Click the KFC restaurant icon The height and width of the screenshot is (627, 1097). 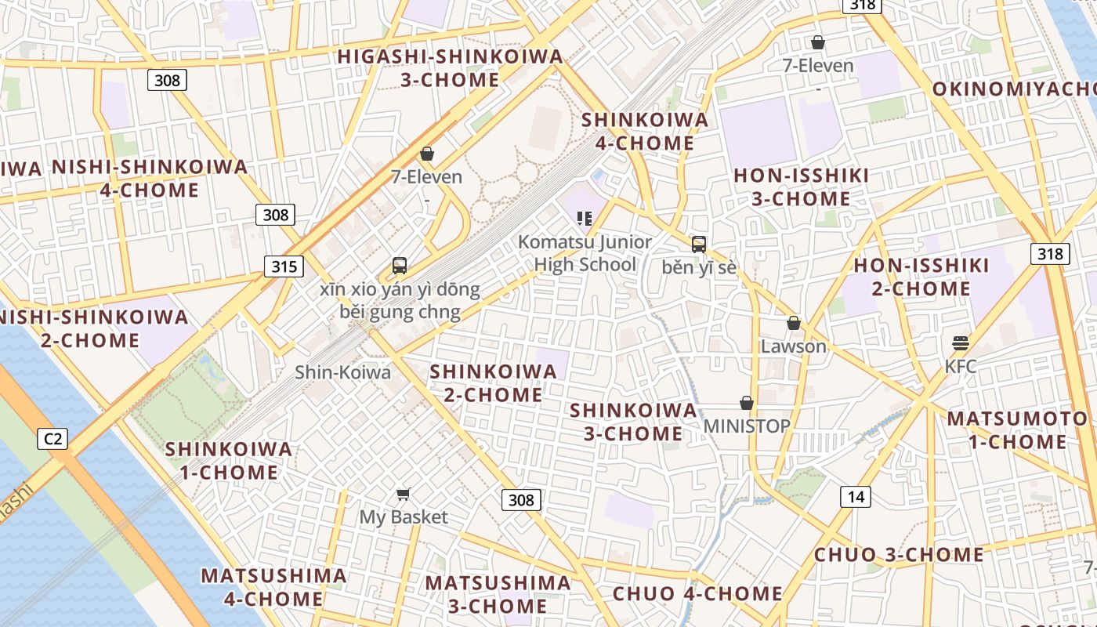pyautogui.click(x=961, y=342)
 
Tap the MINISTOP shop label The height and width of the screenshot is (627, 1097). pyautogui.click(x=747, y=426)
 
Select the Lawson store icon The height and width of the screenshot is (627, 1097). pyautogui.click(x=794, y=323)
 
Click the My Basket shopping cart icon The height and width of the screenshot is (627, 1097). pyautogui.click(x=404, y=494)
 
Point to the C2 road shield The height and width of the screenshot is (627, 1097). pyautogui.click(x=52, y=439)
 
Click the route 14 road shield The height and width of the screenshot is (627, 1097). pyautogui.click(x=856, y=496)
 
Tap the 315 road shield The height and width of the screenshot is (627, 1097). pyautogui.click(x=284, y=266)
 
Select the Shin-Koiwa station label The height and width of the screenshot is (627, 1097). pyautogui.click(x=342, y=372)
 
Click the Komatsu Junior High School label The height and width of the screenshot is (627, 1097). pyautogui.click(x=585, y=253)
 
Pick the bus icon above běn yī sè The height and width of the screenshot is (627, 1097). pyautogui.click(x=699, y=244)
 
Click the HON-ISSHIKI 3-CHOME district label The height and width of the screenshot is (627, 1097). pyautogui.click(x=801, y=187)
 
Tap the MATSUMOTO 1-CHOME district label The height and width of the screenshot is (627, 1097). pyautogui.click(x=1016, y=430)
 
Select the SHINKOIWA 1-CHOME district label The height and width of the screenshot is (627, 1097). pyautogui.click(x=229, y=461)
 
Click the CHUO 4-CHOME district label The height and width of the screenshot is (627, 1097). pyautogui.click(x=697, y=593)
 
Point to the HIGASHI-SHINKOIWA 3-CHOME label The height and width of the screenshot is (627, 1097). pyautogui.click(x=450, y=68)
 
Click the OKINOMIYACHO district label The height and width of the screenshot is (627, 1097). pyautogui.click(x=1015, y=89)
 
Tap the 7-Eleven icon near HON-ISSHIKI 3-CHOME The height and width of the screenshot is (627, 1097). pyautogui.click(x=818, y=42)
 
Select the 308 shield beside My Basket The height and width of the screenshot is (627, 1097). pyautogui.click(x=520, y=499)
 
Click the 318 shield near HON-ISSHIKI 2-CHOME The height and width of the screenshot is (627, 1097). pyautogui.click(x=1049, y=253)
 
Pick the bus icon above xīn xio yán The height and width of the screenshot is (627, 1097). pyautogui.click(x=400, y=265)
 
